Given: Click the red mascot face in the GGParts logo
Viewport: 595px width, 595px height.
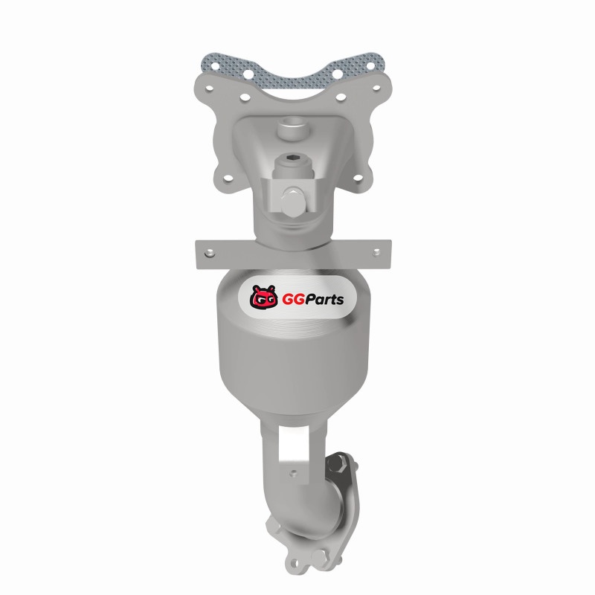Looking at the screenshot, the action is [x=263, y=297].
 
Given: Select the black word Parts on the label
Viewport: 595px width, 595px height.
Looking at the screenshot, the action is [x=324, y=300].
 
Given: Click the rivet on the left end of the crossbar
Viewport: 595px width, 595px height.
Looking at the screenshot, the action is [x=209, y=253].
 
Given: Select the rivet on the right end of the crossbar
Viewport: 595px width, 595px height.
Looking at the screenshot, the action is [x=377, y=251].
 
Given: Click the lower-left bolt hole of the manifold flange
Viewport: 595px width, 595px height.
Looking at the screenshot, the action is [x=228, y=177].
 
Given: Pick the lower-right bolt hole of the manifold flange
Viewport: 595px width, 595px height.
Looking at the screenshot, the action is [x=357, y=177].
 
